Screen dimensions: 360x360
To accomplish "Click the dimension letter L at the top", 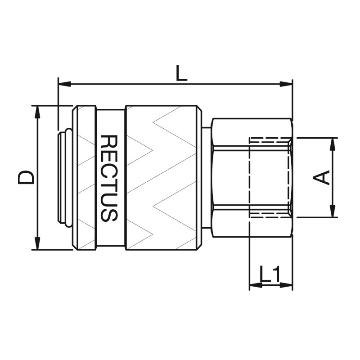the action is point(181,73).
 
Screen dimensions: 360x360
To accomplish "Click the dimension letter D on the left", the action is point(26,177).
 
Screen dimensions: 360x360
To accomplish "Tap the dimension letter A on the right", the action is point(321,177).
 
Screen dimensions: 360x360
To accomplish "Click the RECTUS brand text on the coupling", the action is point(109,178).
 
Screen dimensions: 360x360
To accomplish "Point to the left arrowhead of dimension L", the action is point(65,84).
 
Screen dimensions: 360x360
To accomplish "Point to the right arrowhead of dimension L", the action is point(286,84).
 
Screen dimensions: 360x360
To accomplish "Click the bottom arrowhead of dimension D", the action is point(37,243).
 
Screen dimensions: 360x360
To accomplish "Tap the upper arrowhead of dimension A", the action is point(332,144).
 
